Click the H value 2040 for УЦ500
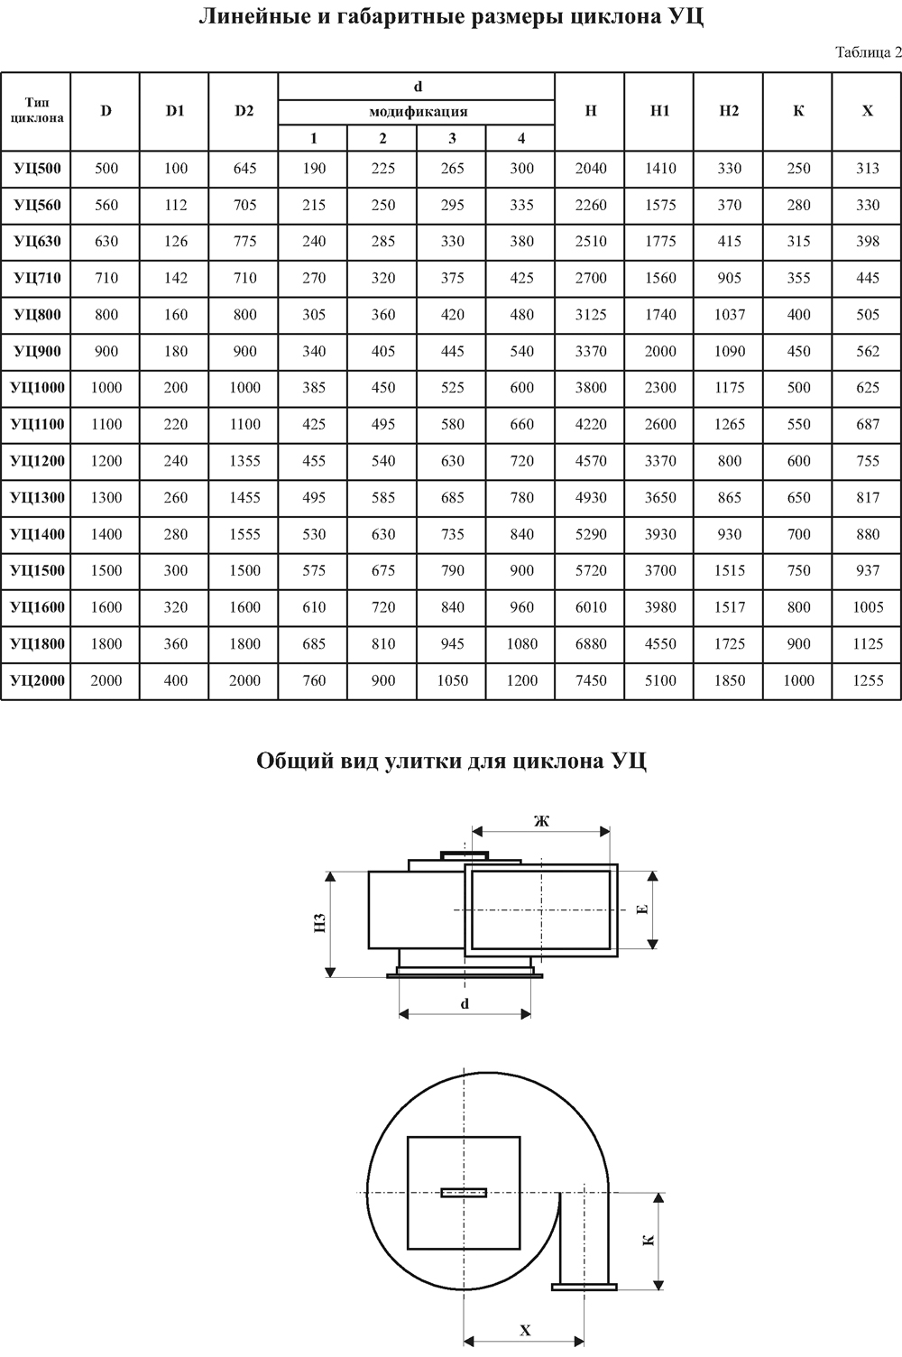pos(591,169)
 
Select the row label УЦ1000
pos(37,388)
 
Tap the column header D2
pos(244,111)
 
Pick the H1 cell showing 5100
pos(660,680)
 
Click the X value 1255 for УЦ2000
pos(868,680)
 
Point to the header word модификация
pos(418,112)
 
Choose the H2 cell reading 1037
pos(730,315)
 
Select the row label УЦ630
pos(37,242)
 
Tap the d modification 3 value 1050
pos(452,680)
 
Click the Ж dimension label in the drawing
pos(541,821)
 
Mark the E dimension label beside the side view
pos(643,909)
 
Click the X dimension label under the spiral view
pos(525,1331)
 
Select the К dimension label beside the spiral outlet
pos(648,1241)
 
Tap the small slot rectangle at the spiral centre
pos(464,1193)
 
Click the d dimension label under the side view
pos(465,1003)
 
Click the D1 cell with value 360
pos(175,644)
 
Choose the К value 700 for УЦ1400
pos(798,534)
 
